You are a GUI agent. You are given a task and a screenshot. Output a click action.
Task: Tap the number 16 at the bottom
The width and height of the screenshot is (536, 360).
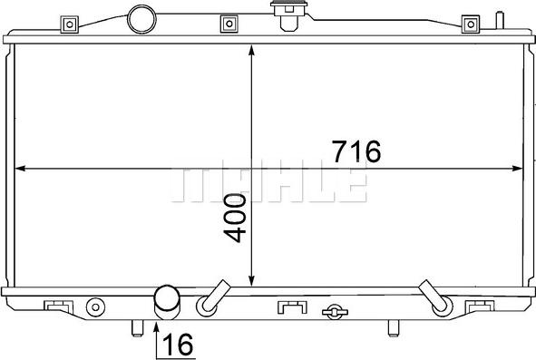coord(179,345)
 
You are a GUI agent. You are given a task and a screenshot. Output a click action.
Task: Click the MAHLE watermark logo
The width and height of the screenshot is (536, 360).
coord(268,185)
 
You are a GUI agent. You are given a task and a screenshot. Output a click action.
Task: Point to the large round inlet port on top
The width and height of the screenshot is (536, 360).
coord(141,17)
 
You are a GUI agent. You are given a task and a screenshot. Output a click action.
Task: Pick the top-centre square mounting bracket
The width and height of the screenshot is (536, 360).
coord(230,23)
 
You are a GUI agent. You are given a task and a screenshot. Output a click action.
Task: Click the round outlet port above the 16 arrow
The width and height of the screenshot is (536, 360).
coord(167,299)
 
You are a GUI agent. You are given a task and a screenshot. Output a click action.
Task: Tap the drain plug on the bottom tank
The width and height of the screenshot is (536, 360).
coord(334,312)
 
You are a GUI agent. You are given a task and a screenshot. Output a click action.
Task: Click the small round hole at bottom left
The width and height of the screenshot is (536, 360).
coord(93,306)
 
